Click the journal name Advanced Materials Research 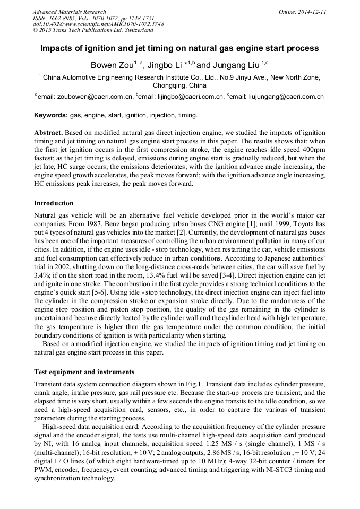tap(69, 12)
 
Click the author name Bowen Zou tap(112, 65)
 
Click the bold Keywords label tap(51, 115)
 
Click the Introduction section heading tap(54, 203)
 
